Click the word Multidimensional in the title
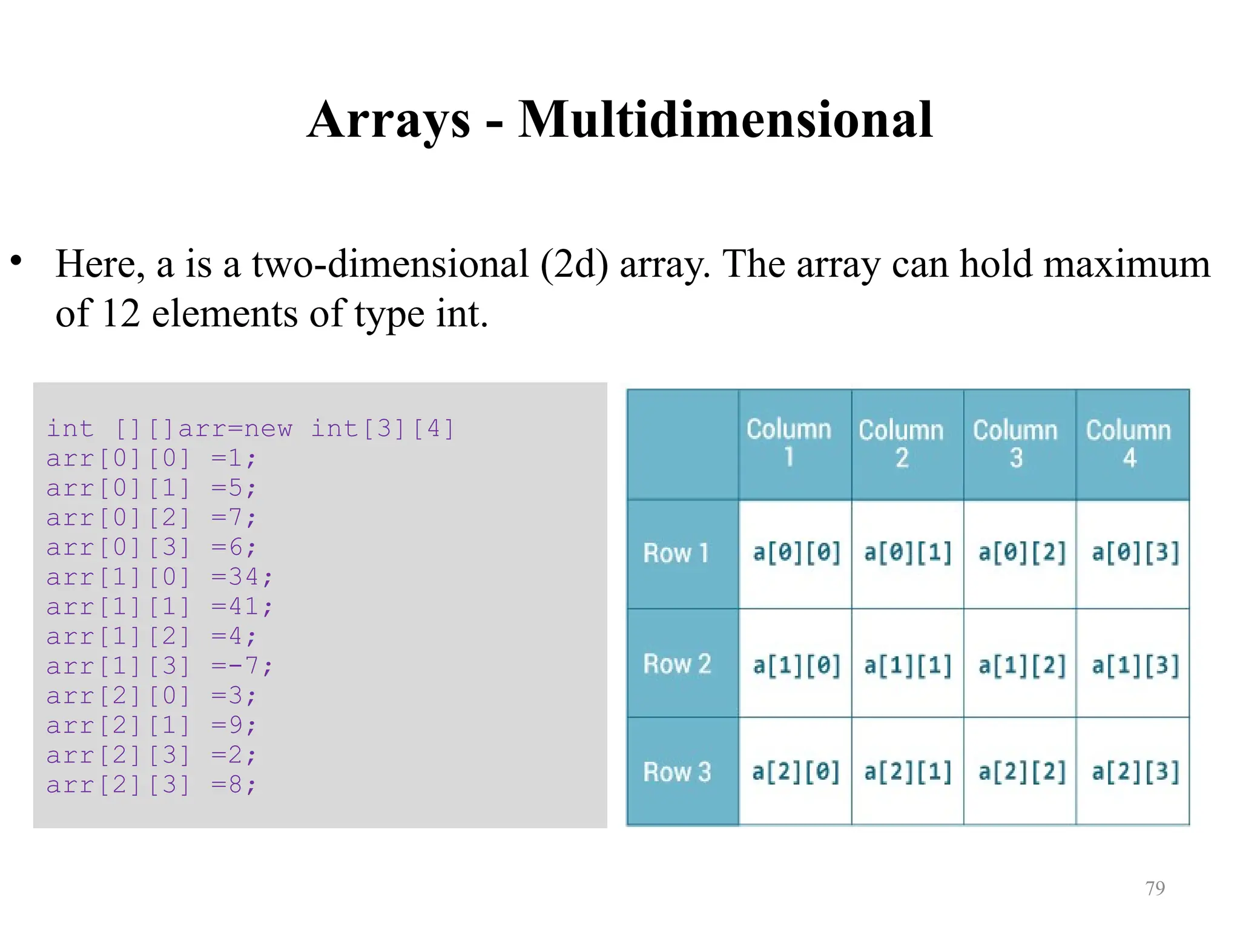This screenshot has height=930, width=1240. [x=725, y=119]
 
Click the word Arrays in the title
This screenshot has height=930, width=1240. [x=389, y=119]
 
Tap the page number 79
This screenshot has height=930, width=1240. [x=1155, y=888]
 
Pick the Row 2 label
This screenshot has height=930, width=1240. [x=677, y=664]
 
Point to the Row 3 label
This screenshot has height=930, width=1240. [x=677, y=772]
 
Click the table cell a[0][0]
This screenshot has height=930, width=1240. [x=796, y=553]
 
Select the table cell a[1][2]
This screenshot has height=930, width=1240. [x=1021, y=665]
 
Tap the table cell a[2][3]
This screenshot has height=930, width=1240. [x=1135, y=772]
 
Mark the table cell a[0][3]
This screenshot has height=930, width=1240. [x=1135, y=553]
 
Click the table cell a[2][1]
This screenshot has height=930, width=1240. [x=908, y=772]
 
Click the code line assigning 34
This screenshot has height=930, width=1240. [x=160, y=577]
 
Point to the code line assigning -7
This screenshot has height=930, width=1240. [x=160, y=666]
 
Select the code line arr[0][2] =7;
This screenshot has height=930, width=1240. [x=151, y=518]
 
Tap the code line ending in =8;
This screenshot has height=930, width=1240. [x=151, y=785]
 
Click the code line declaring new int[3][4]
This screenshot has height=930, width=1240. [x=250, y=429]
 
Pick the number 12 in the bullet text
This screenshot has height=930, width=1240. [x=120, y=314]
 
